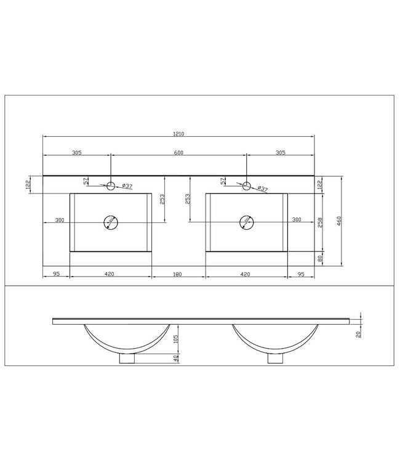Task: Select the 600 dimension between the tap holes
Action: [179, 153]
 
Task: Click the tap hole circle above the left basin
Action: [111, 185]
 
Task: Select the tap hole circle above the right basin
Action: [247, 185]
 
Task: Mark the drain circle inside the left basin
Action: [111, 222]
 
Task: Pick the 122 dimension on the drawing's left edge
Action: [28, 184]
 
